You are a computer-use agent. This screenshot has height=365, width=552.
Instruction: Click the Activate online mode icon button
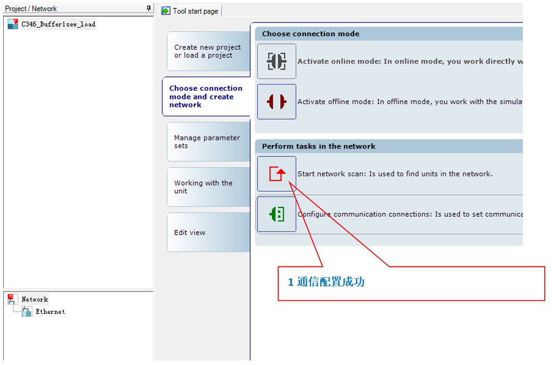point(277,62)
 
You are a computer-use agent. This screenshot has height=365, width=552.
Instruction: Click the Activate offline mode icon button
point(277,102)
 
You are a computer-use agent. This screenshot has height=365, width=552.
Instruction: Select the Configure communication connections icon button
point(277,214)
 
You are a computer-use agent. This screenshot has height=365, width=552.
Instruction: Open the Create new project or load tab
point(208,51)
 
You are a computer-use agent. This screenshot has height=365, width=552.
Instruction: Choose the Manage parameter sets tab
point(208,142)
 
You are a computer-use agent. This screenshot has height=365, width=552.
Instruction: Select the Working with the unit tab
point(208,187)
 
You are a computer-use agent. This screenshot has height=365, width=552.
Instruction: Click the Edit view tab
point(208,232)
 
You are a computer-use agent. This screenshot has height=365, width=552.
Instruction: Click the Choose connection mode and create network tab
point(206,96)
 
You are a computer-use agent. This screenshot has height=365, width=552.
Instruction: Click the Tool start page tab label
point(195,11)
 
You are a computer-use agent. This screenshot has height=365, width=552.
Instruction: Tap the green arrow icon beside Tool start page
point(166,11)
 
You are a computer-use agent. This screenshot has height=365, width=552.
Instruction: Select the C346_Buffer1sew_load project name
point(58,24)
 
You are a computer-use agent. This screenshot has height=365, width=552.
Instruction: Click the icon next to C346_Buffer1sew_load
point(13,24)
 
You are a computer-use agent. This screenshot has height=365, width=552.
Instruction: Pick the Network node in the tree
point(35,299)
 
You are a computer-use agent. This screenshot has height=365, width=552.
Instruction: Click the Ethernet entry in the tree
point(51,311)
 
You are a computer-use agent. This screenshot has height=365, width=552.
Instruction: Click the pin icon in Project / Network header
point(148,8)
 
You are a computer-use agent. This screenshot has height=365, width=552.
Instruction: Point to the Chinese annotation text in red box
point(327,282)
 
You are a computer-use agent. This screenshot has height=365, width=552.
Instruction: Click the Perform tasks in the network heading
point(319,147)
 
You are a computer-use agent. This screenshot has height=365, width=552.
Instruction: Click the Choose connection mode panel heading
point(310,34)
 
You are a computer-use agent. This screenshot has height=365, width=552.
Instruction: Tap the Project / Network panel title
point(31,8)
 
